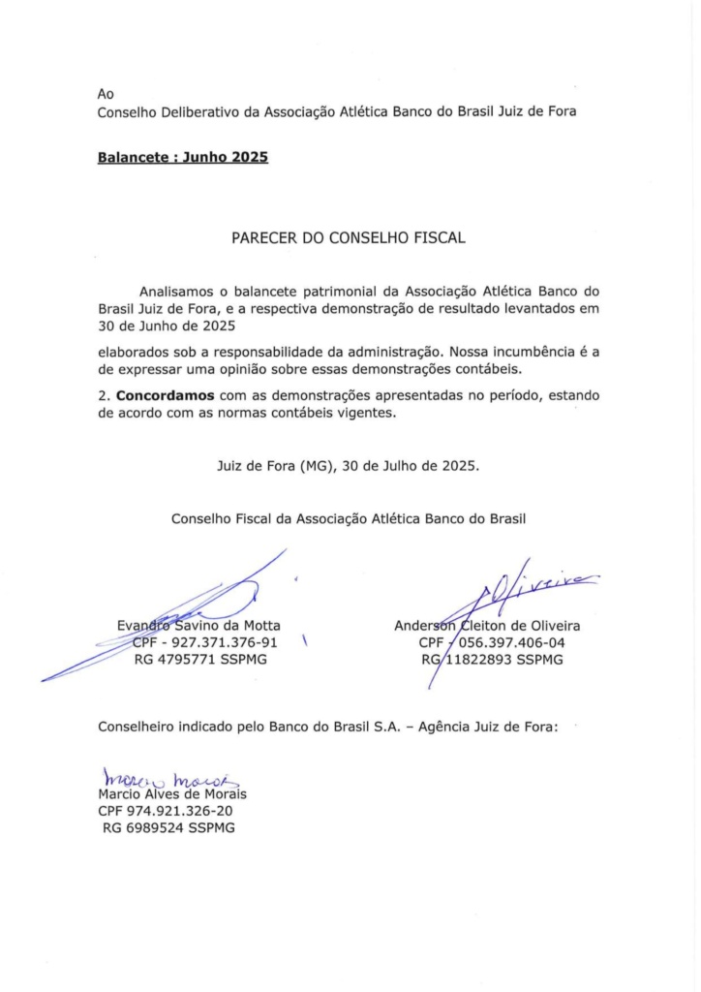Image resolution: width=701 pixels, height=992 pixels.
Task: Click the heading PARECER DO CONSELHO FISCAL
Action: coord(350,236)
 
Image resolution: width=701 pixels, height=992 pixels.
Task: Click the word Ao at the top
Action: coord(107,94)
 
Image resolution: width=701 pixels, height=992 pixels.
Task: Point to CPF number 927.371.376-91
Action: coord(204,642)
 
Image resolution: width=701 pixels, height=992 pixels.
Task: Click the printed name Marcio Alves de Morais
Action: coord(171,795)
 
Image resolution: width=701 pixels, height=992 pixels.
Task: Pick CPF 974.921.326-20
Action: coord(166,812)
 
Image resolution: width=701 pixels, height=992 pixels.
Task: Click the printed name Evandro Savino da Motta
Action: coord(198,625)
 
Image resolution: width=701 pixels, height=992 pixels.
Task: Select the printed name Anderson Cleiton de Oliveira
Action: coord(487,625)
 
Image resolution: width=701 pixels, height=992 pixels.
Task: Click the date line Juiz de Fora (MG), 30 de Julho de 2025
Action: coord(348,465)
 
